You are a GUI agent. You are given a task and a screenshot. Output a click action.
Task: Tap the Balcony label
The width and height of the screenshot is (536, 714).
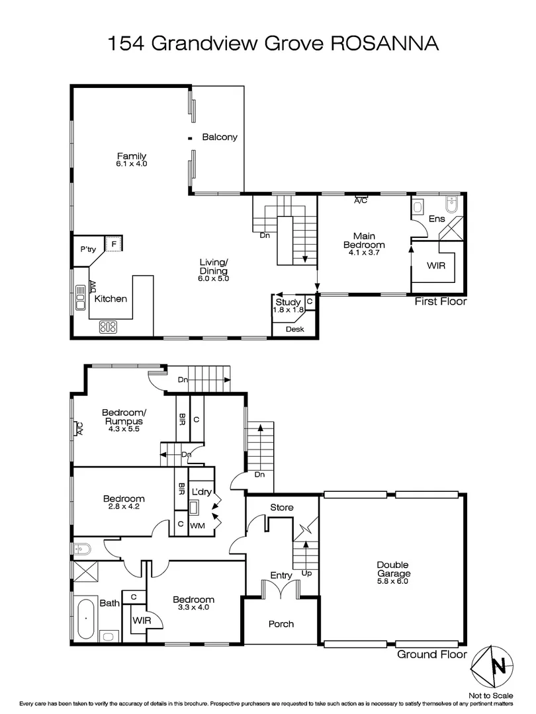click(x=219, y=137)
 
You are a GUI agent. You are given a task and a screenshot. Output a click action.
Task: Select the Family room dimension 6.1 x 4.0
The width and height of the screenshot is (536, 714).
click(x=132, y=163)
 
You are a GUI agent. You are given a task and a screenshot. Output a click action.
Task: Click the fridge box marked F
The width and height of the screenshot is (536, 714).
click(x=114, y=244)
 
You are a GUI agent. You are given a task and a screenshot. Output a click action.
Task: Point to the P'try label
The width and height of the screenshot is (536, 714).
click(x=88, y=249)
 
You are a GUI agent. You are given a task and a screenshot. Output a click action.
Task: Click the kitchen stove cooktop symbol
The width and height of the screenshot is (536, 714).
click(x=108, y=326)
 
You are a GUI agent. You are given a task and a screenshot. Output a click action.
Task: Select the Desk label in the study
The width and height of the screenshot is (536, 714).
click(x=294, y=329)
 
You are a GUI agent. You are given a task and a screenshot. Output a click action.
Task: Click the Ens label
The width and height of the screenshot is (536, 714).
click(x=437, y=218)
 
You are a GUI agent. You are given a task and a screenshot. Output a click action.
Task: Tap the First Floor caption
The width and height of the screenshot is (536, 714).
click(x=440, y=302)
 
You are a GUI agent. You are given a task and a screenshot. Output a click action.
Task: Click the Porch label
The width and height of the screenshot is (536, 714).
click(x=281, y=623)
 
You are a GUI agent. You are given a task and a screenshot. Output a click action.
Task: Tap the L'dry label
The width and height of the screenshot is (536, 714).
click(x=201, y=493)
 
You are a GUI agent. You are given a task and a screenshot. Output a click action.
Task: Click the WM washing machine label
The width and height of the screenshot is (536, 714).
click(x=197, y=526)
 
